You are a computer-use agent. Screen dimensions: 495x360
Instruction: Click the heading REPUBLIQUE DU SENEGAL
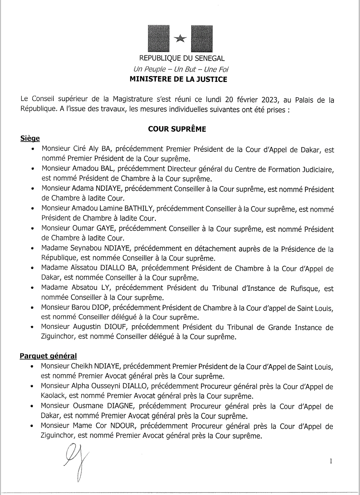point(182,58)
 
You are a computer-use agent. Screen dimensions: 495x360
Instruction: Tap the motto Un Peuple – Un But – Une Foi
point(181,69)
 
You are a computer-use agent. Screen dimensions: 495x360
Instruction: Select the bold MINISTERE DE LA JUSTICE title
point(178,79)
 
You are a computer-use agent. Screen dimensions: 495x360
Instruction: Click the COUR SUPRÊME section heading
point(177,129)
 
